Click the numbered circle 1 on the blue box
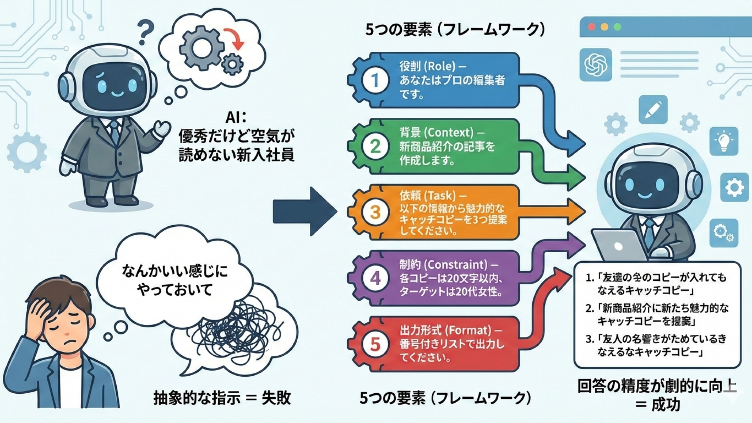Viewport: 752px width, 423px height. (375, 80)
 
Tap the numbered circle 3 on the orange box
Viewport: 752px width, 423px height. (375, 212)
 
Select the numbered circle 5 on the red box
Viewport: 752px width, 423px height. (375, 344)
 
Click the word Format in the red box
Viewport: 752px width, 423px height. (468, 330)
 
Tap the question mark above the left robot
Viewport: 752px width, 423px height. (146, 32)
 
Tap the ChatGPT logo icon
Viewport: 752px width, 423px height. (595, 65)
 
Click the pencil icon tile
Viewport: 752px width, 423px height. (653, 110)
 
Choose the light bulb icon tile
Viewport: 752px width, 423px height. (723, 141)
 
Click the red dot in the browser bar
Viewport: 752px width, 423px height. (592, 27)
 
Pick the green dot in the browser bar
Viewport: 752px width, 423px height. (617, 27)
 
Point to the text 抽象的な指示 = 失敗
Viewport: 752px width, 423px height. (222, 398)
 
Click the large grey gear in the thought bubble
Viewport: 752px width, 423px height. (201, 48)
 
